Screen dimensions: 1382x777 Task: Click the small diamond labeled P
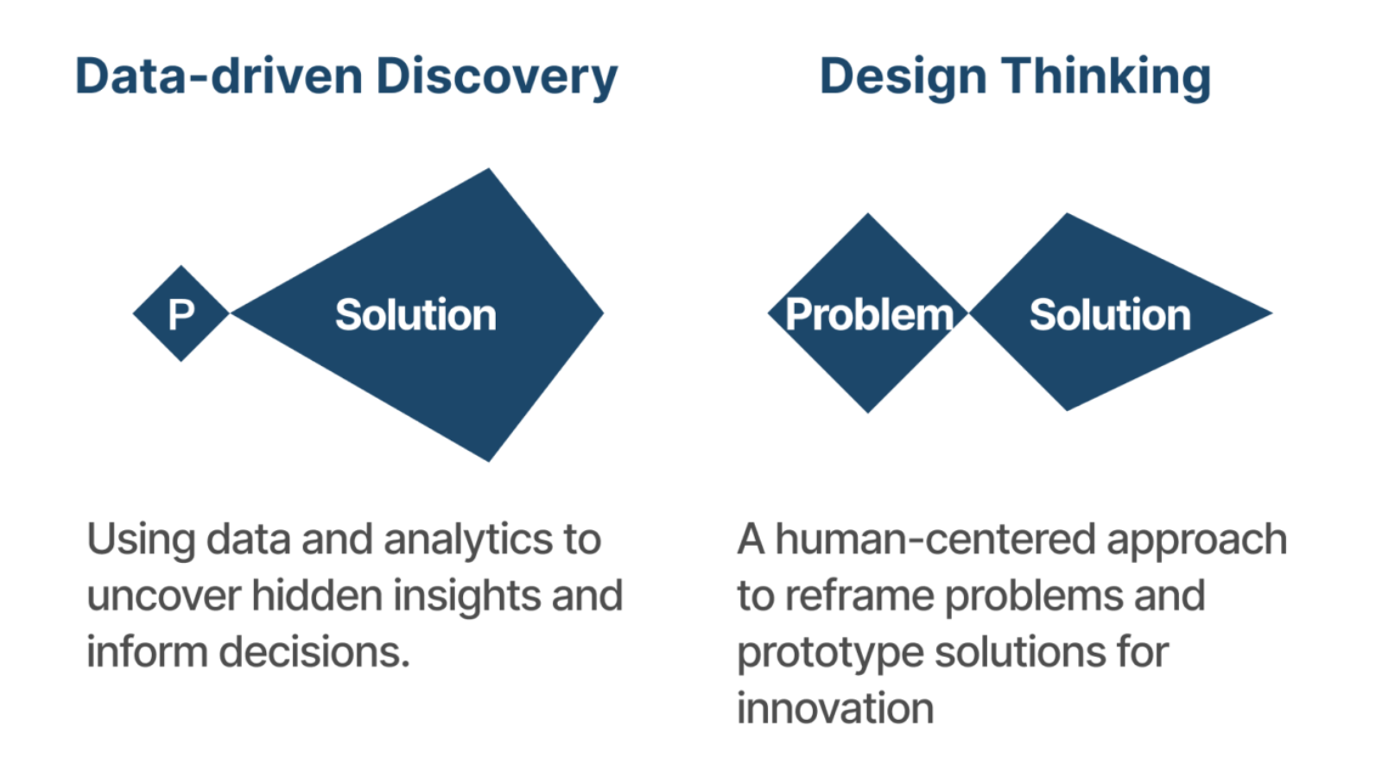[181, 313]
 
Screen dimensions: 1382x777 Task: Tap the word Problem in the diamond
[869, 314]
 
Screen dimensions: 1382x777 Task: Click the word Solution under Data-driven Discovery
[415, 314]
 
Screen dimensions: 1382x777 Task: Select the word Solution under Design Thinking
[1110, 314]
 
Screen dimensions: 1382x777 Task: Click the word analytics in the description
[468, 540]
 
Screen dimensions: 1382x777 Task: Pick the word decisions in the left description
[314, 652]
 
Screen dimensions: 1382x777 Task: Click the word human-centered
[935, 539]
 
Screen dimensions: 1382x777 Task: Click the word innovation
[835, 708]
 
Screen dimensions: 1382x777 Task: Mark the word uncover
[164, 597]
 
